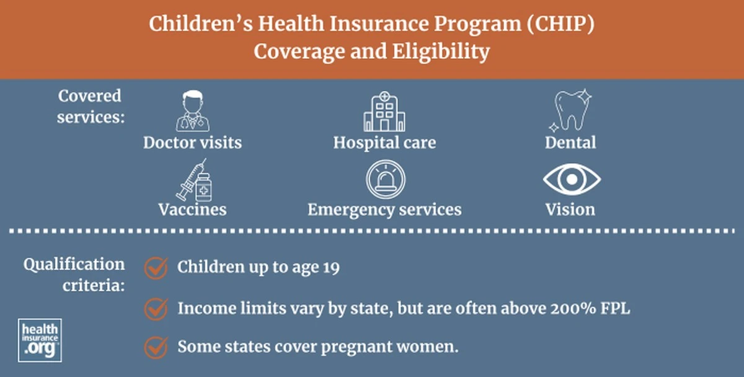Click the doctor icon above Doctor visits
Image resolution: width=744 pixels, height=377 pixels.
193,111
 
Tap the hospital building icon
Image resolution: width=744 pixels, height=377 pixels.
384,112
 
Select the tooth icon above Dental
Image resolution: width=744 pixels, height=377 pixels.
570,110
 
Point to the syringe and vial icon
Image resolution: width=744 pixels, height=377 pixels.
194,180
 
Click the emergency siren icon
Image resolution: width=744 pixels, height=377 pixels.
386,179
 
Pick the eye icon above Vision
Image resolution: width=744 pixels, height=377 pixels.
572,179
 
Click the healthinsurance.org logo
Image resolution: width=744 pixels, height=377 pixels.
40,340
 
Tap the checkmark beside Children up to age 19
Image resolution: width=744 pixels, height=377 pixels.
156,268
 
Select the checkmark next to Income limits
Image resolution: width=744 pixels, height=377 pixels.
156,309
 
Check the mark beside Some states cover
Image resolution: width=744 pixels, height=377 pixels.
156,347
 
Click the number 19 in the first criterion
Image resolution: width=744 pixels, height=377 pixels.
331,267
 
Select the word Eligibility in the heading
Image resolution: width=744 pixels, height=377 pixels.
441,52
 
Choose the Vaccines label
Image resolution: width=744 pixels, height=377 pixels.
193,210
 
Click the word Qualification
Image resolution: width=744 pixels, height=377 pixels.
74,265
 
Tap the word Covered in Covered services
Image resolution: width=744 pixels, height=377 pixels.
90,96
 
